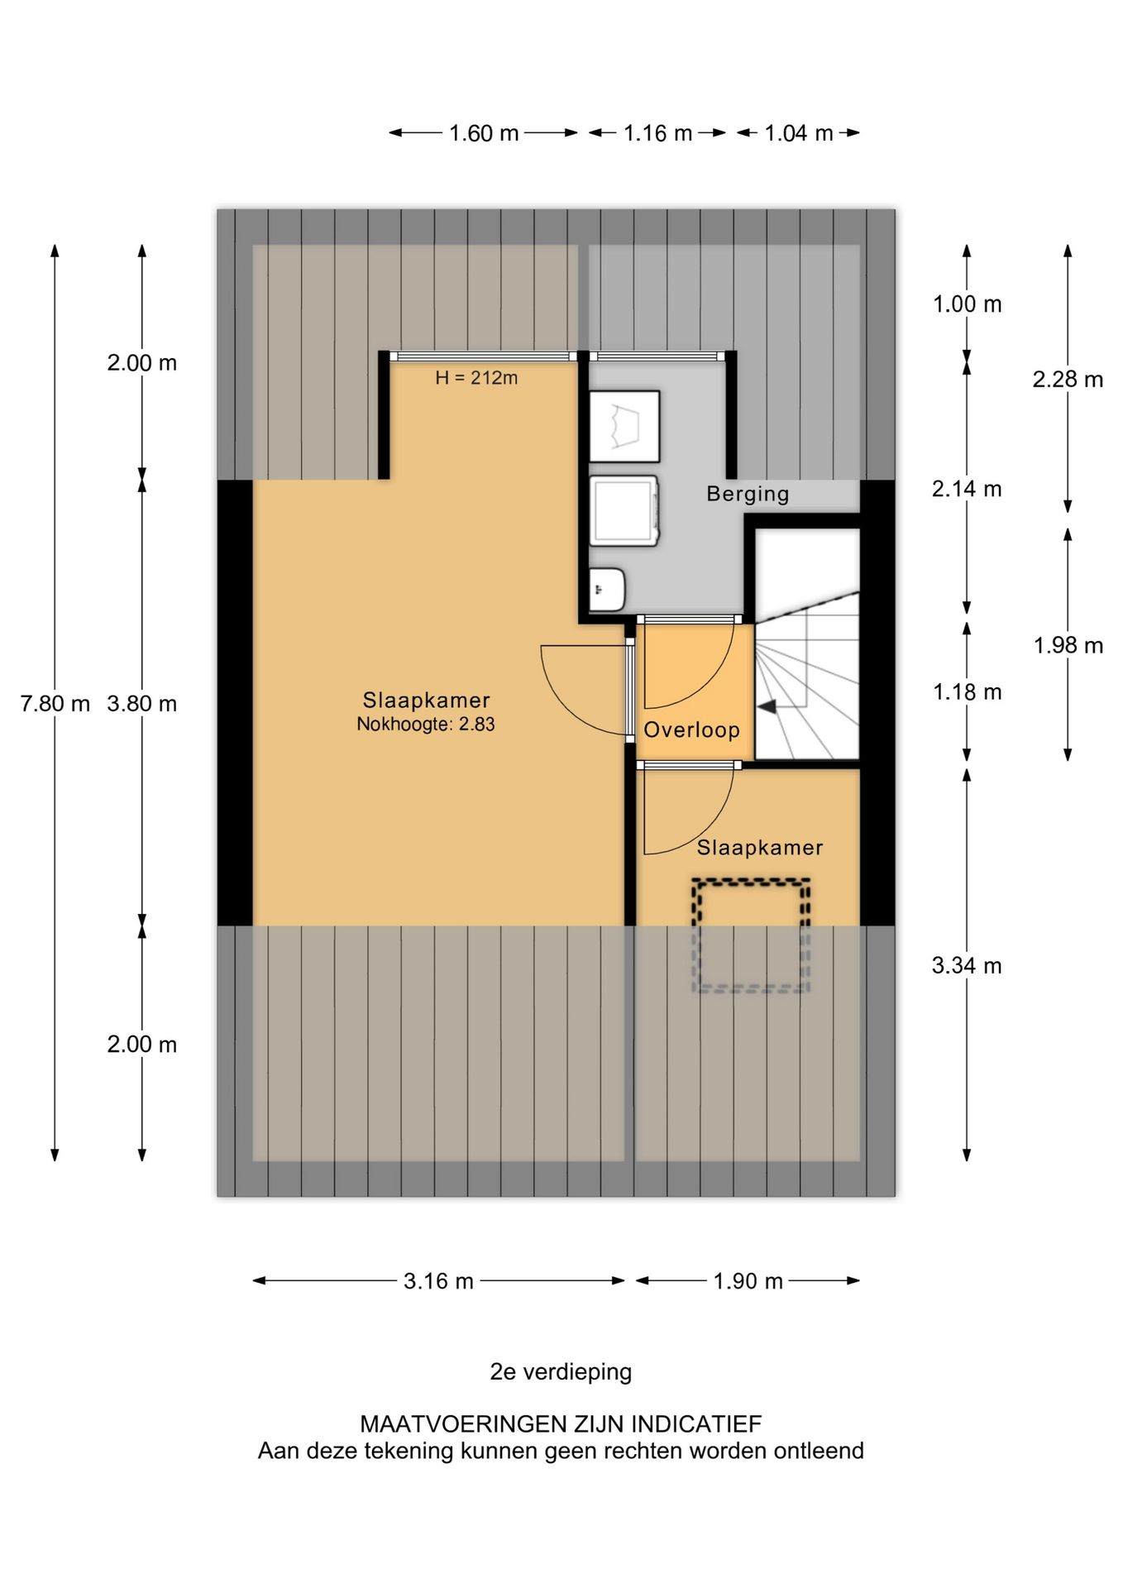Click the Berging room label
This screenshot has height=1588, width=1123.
pyautogui.click(x=748, y=494)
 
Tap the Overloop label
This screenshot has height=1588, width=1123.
pyautogui.click(x=691, y=729)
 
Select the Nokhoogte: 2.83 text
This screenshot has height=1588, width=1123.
pyautogui.click(x=426, y=724)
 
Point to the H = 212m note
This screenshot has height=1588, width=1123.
pyautogui.click(x=476, y=378)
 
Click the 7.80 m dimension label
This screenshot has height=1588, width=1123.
pyautogui.click(x=55, y=704)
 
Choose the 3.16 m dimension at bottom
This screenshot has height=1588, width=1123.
pyautogui.click(x=438, y=1281)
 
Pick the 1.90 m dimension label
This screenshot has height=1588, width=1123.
pyautogui.click(x=748, y=1281)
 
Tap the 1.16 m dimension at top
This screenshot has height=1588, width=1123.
pyautogui.click(x=657, y=133)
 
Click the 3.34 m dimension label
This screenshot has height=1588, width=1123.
pyautogui.click(x=967, y=965)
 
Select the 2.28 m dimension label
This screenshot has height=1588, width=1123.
pyautogui.click(x=1068, y=379)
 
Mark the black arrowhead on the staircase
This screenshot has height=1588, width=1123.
pyautogui.click(x=767, y=706)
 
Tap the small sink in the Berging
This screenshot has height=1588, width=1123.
pyautogui.click(x=607, y=588)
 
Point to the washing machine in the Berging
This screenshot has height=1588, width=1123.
pyautogui.click(x=624, y=510)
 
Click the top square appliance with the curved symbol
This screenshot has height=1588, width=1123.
pyautogui.click(x=624, y=426)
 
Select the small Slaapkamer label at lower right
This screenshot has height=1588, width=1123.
pyautogui.click(x=760, y=848)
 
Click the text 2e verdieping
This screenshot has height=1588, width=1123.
pyautogui.click(x=561, y=1372)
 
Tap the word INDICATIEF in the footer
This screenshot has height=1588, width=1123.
pyautogui.click(x=696, y=1424)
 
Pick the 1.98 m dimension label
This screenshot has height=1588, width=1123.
pyautogui.click(x=1068, y=645)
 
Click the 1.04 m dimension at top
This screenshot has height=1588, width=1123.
pyautogui.click(x=798, y=133)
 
